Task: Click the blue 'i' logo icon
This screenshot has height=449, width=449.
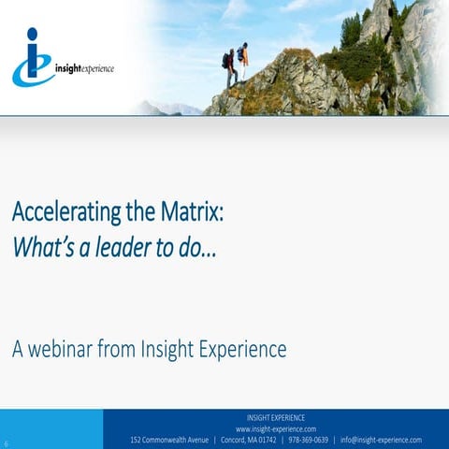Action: coord(33,58)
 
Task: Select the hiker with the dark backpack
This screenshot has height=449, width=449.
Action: coord(230,68)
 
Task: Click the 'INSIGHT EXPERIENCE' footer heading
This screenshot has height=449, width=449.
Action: coord(275,417)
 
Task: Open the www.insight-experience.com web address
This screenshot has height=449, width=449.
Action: coord(275,428)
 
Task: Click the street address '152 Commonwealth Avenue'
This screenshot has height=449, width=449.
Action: coord(169,440)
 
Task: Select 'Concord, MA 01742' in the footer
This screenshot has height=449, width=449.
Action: coord(250,440)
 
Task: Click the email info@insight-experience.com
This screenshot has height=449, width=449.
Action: coord(381,440)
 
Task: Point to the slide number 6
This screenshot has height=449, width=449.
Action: coord(7,442)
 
